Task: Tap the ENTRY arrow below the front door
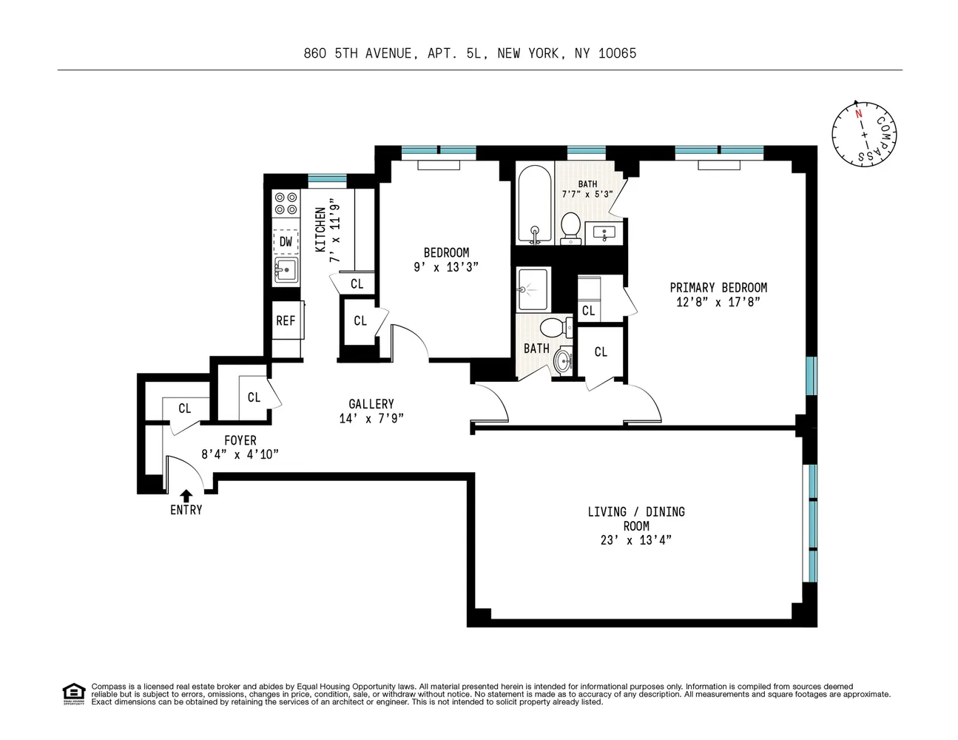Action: coord(186,495)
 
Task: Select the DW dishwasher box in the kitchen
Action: coord(286,241)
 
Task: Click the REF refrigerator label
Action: coord(286,320)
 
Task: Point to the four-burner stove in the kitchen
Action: coord(286,203)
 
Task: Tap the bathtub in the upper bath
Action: coord(534,205)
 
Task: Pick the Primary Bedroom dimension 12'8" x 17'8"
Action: coord(718,302)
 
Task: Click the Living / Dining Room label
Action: coord(636,519)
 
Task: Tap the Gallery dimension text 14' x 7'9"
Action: coord(371,418)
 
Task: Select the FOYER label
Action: coord(240,440)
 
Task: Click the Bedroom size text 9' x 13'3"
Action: coord(446,267)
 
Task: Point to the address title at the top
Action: coord(470,53)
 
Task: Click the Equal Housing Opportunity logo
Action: coord(73,693)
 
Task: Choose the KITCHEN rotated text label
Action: coord(321,230)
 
